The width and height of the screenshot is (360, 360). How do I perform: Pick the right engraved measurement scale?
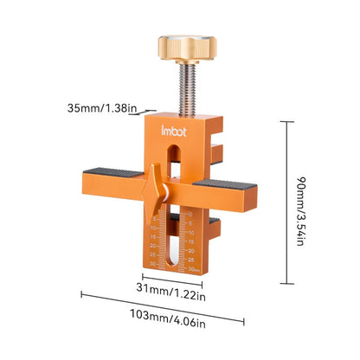[x=191, y=241]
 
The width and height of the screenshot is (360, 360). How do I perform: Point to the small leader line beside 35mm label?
[x=148, y=111]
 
